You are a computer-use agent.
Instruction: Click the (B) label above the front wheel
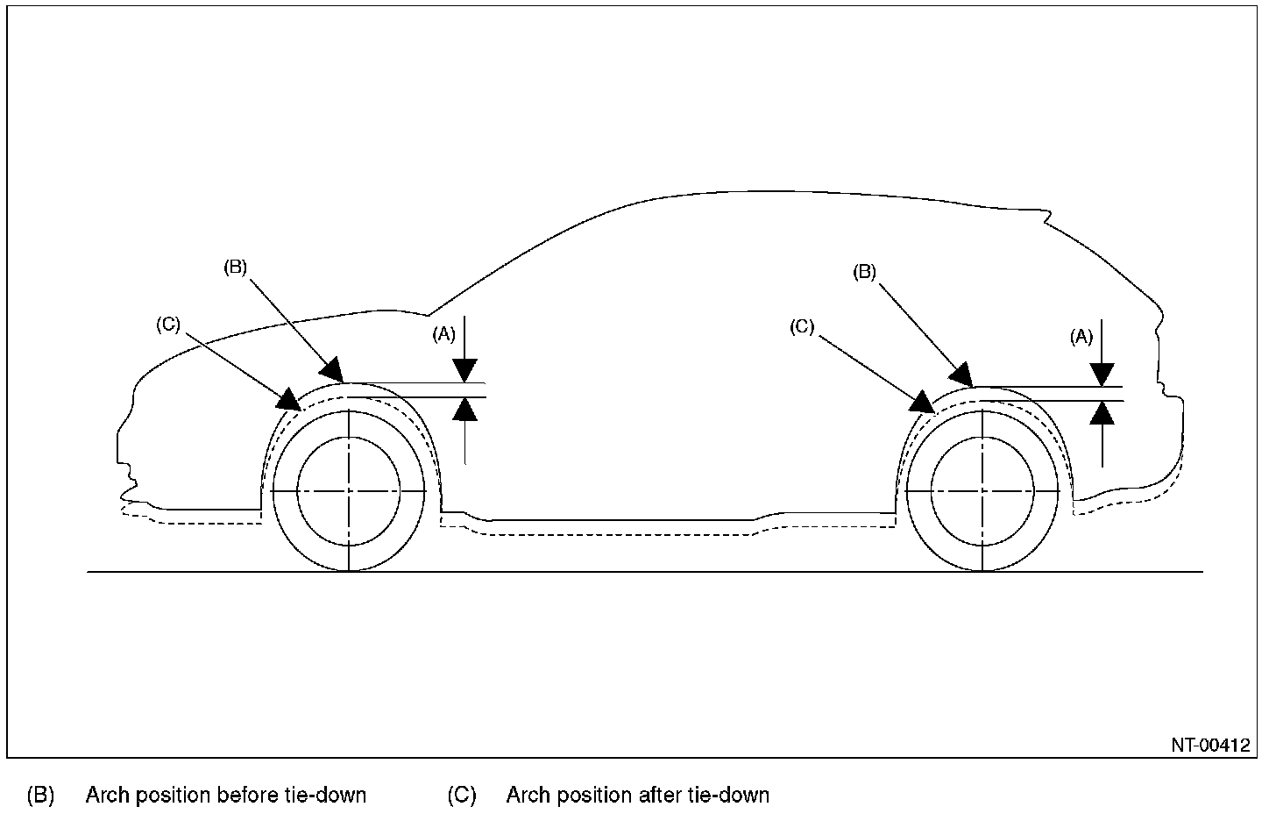237,267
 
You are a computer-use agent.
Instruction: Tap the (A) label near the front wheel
444,333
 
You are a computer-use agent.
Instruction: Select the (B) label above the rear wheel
865,272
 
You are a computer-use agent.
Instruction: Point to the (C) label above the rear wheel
802,327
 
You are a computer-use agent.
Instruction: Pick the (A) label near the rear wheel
1082,335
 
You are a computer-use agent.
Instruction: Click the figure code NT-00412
1210,746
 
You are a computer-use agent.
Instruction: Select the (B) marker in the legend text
41,796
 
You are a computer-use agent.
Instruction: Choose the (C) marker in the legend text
462,796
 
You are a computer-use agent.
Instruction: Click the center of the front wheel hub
349,492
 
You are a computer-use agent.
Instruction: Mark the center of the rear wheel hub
982,493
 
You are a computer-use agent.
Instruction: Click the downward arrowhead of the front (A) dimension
465,372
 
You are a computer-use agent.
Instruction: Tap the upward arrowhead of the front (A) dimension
465,410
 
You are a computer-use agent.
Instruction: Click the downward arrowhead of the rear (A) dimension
1102,375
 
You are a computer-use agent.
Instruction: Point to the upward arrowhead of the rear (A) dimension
1102,412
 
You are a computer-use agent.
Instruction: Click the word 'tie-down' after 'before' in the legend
326,796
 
